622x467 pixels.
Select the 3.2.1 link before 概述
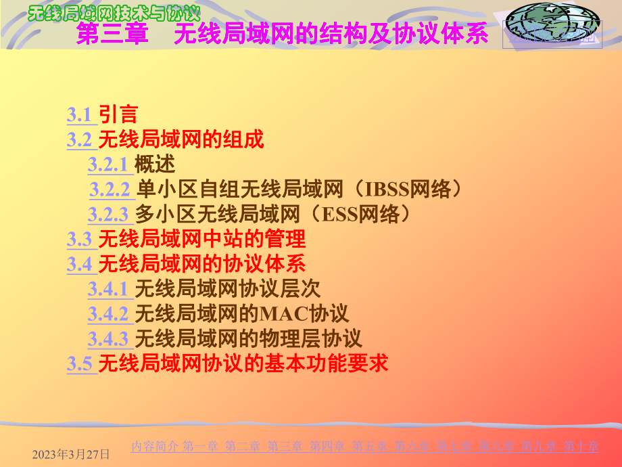pos(107,164)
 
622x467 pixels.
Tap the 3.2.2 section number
pos(110,189)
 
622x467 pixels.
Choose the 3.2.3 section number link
pos(108,215)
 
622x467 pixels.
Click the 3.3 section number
pos(79,239)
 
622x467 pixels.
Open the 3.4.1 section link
pos(108,290)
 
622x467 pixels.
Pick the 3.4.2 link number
pos(108,314)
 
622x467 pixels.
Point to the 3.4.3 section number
pos(108,338)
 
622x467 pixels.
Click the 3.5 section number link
pos(79,363)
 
